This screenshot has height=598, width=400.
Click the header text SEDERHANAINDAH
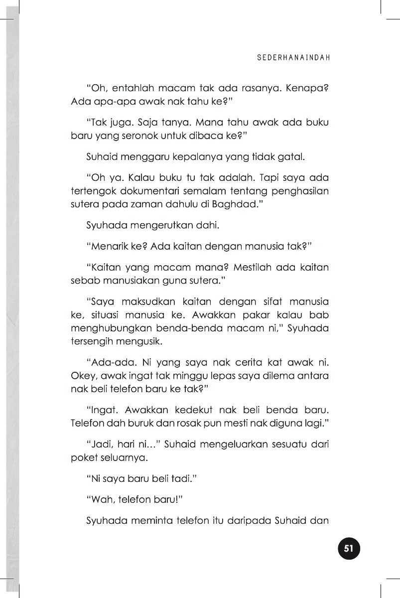[293, 57]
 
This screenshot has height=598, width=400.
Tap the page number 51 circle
[348, 549]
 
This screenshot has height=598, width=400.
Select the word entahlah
[133, 88]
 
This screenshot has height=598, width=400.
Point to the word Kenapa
[307, 88]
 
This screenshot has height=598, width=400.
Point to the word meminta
[149, 521]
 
